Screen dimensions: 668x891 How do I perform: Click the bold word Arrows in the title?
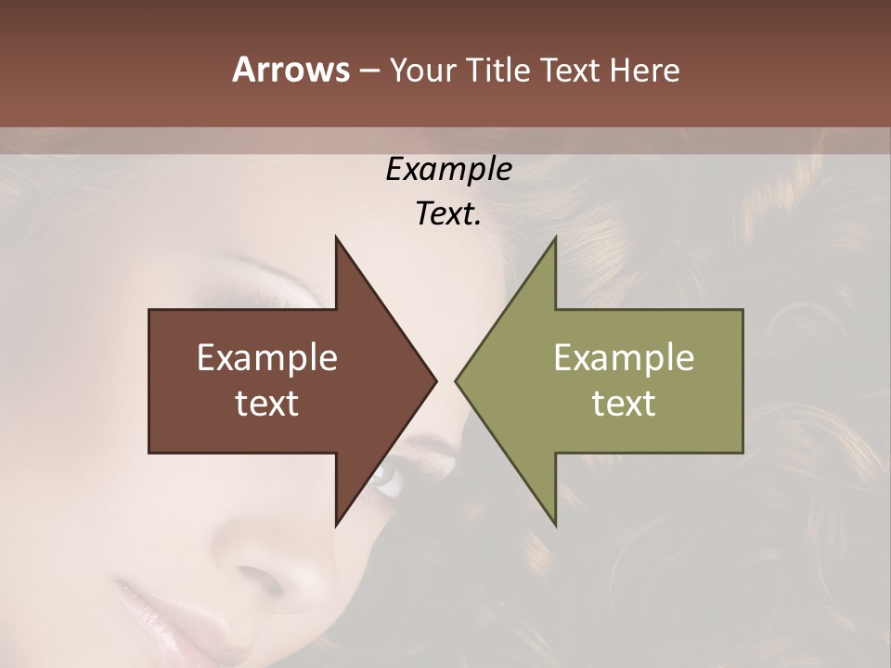(x=291, y=70)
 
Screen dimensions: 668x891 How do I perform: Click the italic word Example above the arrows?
(x=448, y=170)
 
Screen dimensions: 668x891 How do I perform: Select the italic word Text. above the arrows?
(x=448, y=214)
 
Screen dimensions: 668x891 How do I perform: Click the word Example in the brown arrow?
(x=267, y=358)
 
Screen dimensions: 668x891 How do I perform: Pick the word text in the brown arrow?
(x=267, y=403)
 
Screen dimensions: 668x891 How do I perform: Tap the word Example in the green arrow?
(x=624, y=358)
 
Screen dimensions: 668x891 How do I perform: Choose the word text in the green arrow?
(x=624, y=403)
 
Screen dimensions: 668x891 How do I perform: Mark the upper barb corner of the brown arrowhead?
(x=336, y=238)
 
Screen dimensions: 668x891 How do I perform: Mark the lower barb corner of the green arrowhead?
(x=555, y=523)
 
